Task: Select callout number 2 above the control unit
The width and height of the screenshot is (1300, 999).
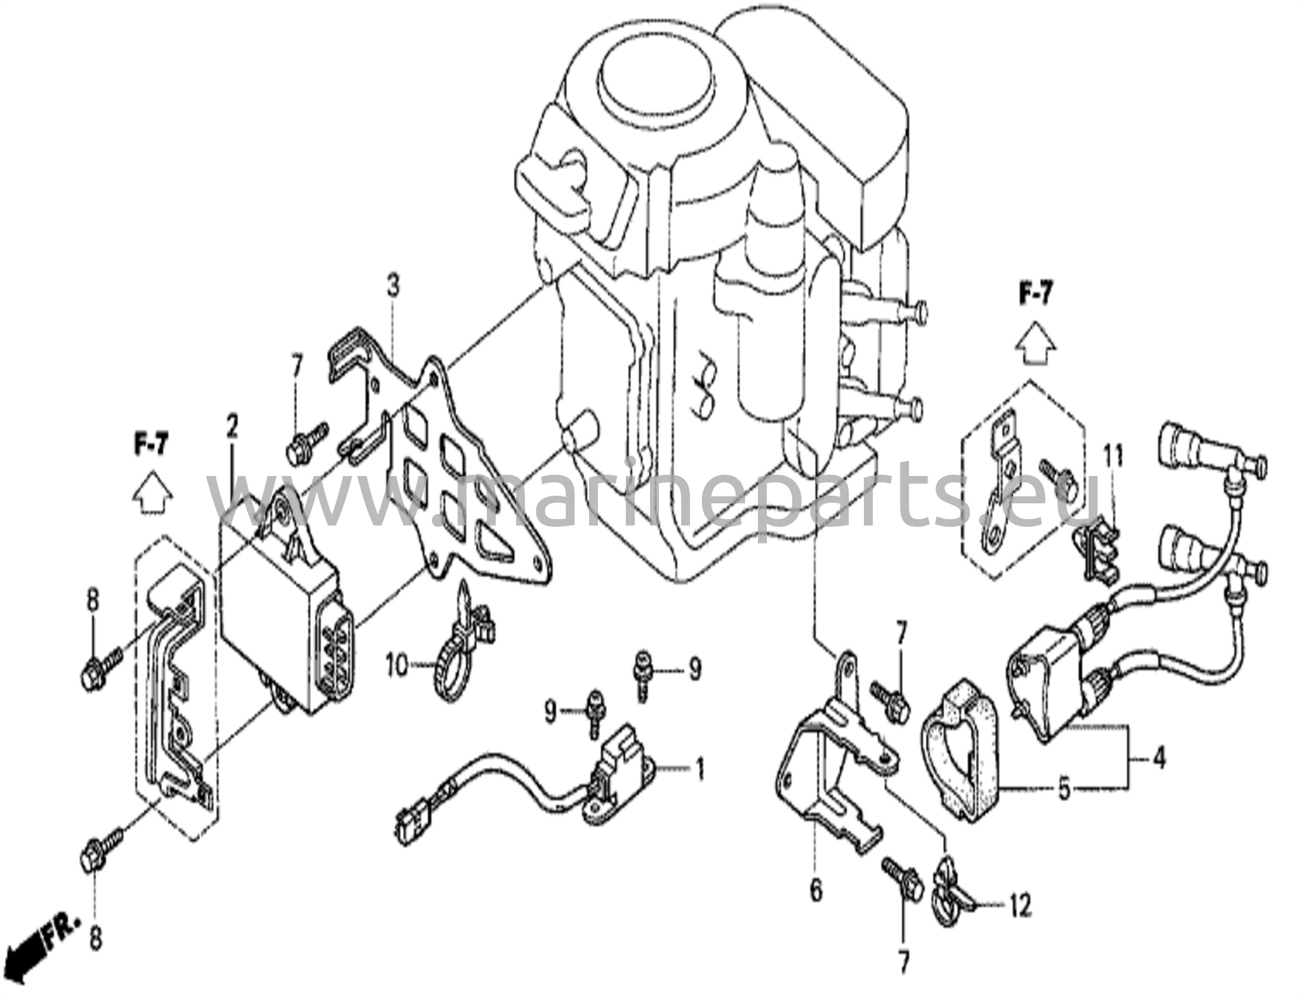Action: tap(232, 427)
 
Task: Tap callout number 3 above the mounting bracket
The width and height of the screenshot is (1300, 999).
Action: tap(394, 287)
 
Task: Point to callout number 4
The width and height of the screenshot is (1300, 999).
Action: tap(1158, 759)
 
